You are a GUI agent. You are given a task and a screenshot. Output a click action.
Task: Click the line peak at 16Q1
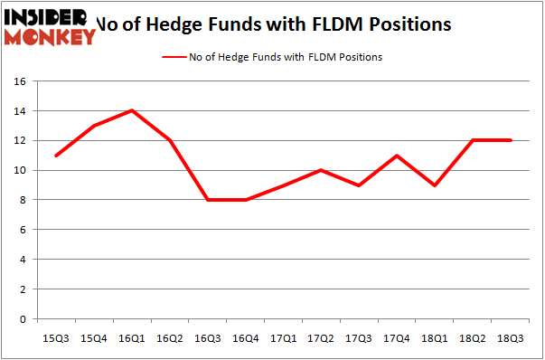coord(132,110)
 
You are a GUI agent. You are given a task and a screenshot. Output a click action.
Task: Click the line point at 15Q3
coord(55,155)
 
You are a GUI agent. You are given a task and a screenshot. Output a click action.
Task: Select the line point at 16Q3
coord(208,199)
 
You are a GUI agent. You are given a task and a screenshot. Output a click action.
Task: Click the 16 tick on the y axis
coord(22,81)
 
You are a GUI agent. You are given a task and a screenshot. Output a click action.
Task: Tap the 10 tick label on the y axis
coord(22,171)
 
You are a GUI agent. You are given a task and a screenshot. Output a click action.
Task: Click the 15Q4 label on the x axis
coord(93,337)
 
